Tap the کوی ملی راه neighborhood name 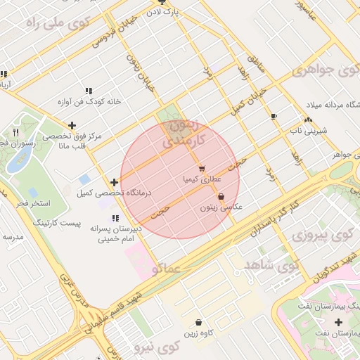[x=54, y=24]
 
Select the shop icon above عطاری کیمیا [x=202, y=169]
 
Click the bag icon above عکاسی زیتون [x=221, y=197]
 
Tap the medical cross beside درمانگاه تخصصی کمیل [x=115, y=182]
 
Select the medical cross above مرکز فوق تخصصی [x=72, y=125]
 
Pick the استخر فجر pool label [x=33, y=203]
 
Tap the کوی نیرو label [x=155, y=347]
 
